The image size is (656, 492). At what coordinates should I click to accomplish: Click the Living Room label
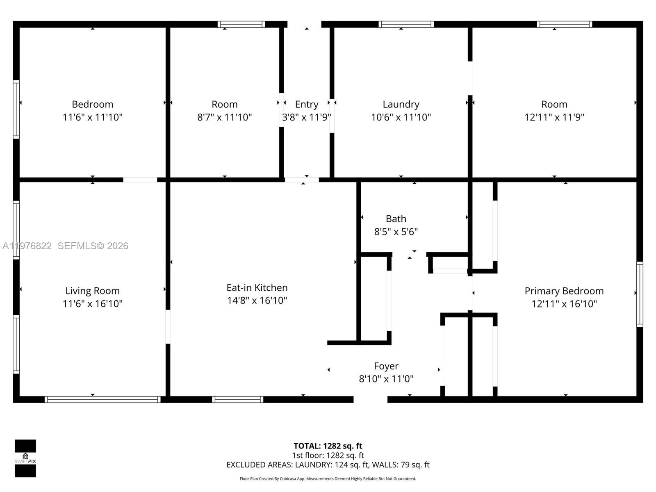(x=92, y=291)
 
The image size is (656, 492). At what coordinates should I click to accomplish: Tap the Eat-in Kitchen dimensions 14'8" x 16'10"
(x=257, y=301)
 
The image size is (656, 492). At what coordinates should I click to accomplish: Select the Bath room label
(x=396, y=219)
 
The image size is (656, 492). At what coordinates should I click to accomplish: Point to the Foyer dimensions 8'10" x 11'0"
(x=386, y=379)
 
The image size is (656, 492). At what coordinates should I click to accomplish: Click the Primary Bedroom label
(x=564, y=291)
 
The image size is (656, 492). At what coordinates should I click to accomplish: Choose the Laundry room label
(x=401, y=104)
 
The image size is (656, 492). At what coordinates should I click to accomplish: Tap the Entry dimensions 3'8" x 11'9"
(x=306, y=117)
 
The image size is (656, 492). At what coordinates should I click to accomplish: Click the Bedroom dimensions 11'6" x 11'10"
(x=92, y=117)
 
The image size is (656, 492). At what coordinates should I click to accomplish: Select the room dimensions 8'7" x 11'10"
(x=224, y=117)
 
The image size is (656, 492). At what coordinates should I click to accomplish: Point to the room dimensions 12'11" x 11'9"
(x=554, y=117)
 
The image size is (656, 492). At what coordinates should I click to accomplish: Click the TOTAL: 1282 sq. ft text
(x=328, y=446)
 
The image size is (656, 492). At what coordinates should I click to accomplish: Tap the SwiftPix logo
(x=25, y=458)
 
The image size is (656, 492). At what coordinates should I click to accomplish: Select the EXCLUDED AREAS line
(x=328, y=465)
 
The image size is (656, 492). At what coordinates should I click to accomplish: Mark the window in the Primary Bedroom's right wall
(x=639, y=294)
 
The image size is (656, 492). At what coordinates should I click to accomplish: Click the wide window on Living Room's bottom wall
(x=102, y=399)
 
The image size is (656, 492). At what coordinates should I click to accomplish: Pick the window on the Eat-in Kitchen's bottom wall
(x=237, y=399)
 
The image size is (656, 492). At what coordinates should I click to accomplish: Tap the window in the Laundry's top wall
(x=406, y=24)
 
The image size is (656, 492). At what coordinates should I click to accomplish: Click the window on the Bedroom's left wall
(x=16, y=109)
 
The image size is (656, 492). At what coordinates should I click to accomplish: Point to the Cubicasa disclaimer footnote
(x=328, y=478)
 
